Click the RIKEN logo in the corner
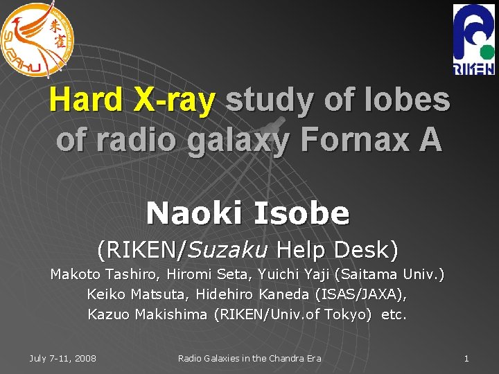tap(473, 39)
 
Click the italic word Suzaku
tap(234, 248)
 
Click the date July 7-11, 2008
tap(63, 358)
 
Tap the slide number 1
tap(466, 358)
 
